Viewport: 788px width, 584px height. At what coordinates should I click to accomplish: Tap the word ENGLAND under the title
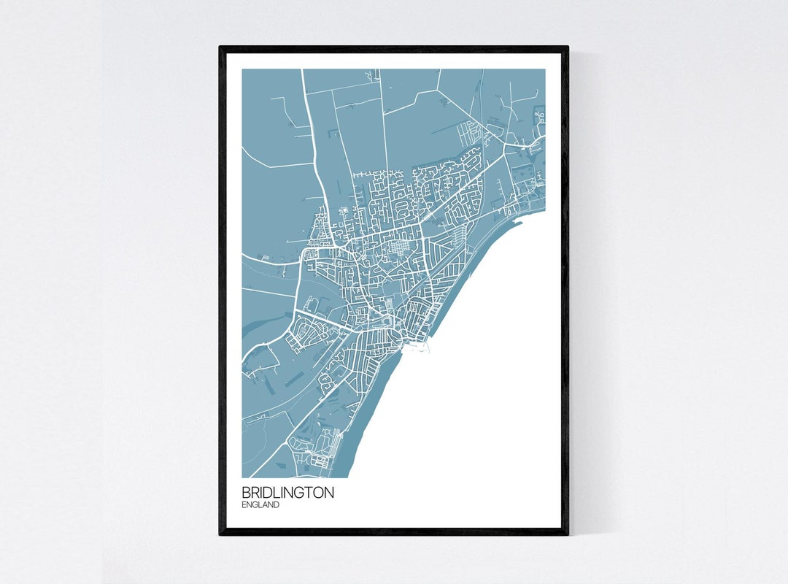point(260,504)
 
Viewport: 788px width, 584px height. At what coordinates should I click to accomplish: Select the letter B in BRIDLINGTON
point(246,493)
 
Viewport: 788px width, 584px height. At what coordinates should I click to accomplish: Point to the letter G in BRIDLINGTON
point(295,493)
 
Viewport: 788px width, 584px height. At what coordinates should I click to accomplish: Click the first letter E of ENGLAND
point(244,504)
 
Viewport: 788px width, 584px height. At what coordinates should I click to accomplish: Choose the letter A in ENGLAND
point(265,504)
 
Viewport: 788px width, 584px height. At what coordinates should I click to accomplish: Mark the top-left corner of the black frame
point(220,47)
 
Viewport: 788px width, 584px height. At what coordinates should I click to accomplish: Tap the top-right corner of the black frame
point(568,47)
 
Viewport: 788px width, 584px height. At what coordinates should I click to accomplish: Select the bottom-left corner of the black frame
point(220,534)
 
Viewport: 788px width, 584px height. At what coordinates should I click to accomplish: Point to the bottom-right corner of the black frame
point(568,534)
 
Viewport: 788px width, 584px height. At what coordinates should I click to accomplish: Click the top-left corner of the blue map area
point(242,69)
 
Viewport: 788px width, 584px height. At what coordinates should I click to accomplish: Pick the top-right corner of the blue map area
point(544,69)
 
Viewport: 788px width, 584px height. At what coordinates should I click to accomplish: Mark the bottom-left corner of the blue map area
point(242,477)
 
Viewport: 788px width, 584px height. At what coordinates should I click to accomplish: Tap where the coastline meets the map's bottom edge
point(351,476)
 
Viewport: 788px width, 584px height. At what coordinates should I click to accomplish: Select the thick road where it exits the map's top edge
point(302,70)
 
